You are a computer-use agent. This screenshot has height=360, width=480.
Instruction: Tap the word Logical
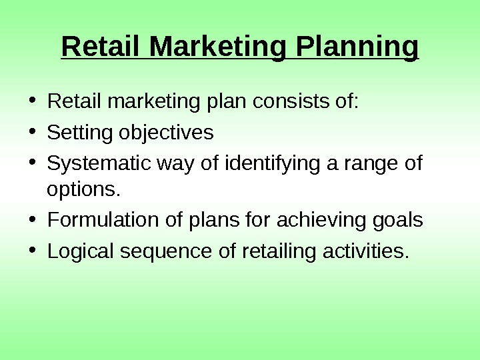pyautogui.click(x=81, y=252)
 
